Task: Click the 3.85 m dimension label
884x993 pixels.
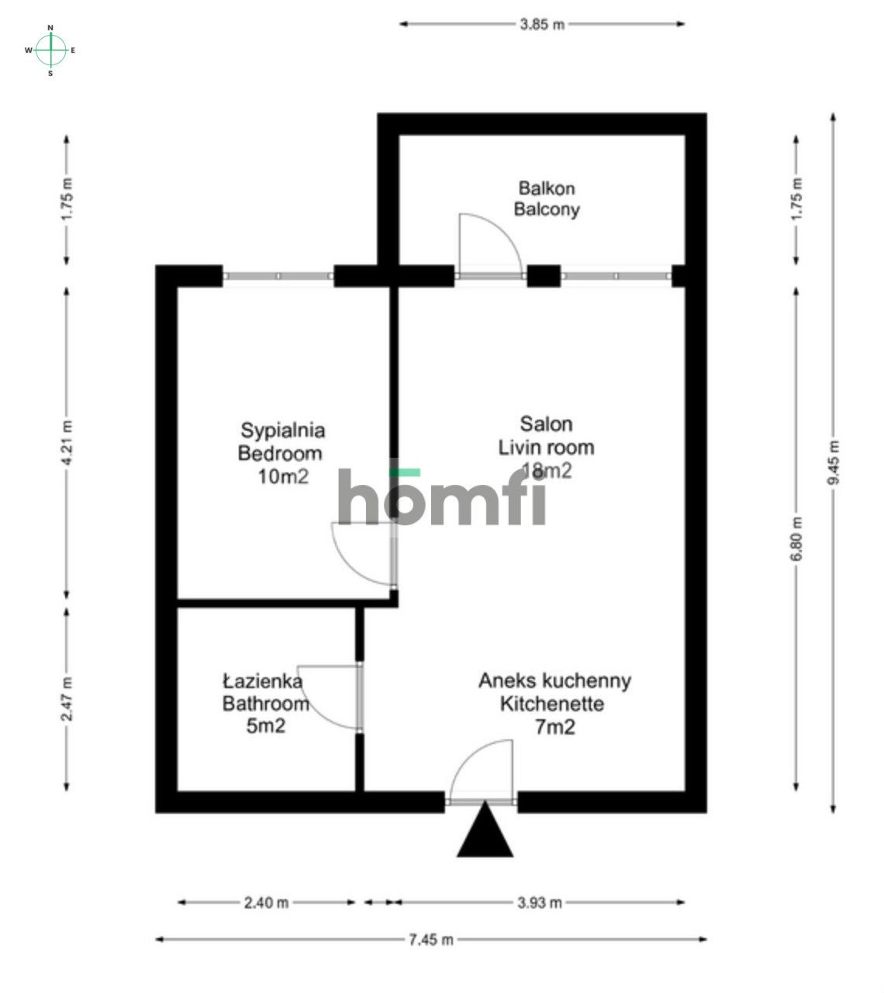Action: pyautogui.click(x=541, y=24)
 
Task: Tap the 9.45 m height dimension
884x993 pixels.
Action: pyautogui.click(x=833, y=462)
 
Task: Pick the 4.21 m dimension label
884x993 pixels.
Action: pyautogui.click(x=67, y=443)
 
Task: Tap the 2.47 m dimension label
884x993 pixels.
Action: pyautogui.click(x=67, y=699)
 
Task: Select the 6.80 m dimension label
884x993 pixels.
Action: pyautogui.click(x=796, y=539)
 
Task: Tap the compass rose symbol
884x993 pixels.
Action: pyautogui.click(x=50, y=50)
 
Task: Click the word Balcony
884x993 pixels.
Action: pyautogui.click(x=547, y=209)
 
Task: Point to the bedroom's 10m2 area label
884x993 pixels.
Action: pyautogui.click(x=283, y=476)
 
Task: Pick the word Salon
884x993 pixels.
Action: pyautogui.click(x=546, y=424)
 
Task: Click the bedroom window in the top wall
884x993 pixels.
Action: pyautogui.click(x=278, y=276)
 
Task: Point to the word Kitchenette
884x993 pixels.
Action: pyautogui.click(x=552, y=704)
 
